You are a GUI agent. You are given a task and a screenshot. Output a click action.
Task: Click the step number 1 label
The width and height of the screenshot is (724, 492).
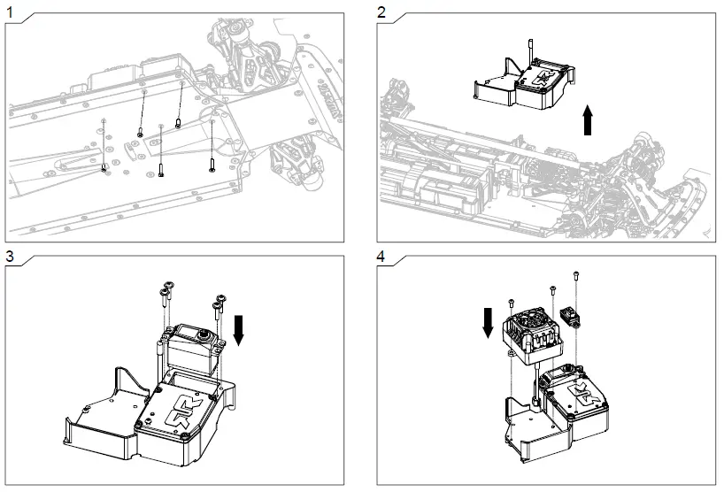pyautogui.click(x=10, y=12)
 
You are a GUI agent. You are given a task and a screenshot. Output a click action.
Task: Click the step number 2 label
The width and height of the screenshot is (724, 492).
pyautogui.click(x=381, y=12)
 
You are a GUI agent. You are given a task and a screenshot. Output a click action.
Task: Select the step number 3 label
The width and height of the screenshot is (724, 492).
pyautogui.click(x=10, y=257)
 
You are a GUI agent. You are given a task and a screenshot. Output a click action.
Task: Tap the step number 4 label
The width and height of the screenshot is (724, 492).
pyautogui.click(x=381, y=257)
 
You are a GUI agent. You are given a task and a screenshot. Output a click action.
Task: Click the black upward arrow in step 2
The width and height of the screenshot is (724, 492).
pyautogui.click(x=589, y=119)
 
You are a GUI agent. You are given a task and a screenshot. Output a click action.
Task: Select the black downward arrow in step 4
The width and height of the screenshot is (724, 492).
pyautogui.click(x=488, y=322)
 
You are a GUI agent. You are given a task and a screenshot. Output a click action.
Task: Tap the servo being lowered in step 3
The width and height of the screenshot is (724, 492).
pyautogui.click(x=189, y=346)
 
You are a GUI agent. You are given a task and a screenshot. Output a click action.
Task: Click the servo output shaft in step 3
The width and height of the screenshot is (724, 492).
pyautogui.click(x=204, y=335)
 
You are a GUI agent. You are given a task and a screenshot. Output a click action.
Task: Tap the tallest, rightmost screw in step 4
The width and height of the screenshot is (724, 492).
pyautogui.click(x=577, y=278)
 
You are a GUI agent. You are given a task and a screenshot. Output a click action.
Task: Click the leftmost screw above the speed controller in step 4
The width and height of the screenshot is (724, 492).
pyautogui.click(x=512, y=303)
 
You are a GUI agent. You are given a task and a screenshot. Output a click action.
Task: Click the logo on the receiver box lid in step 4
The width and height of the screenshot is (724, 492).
pyautogui.click(x=579, y=395)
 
